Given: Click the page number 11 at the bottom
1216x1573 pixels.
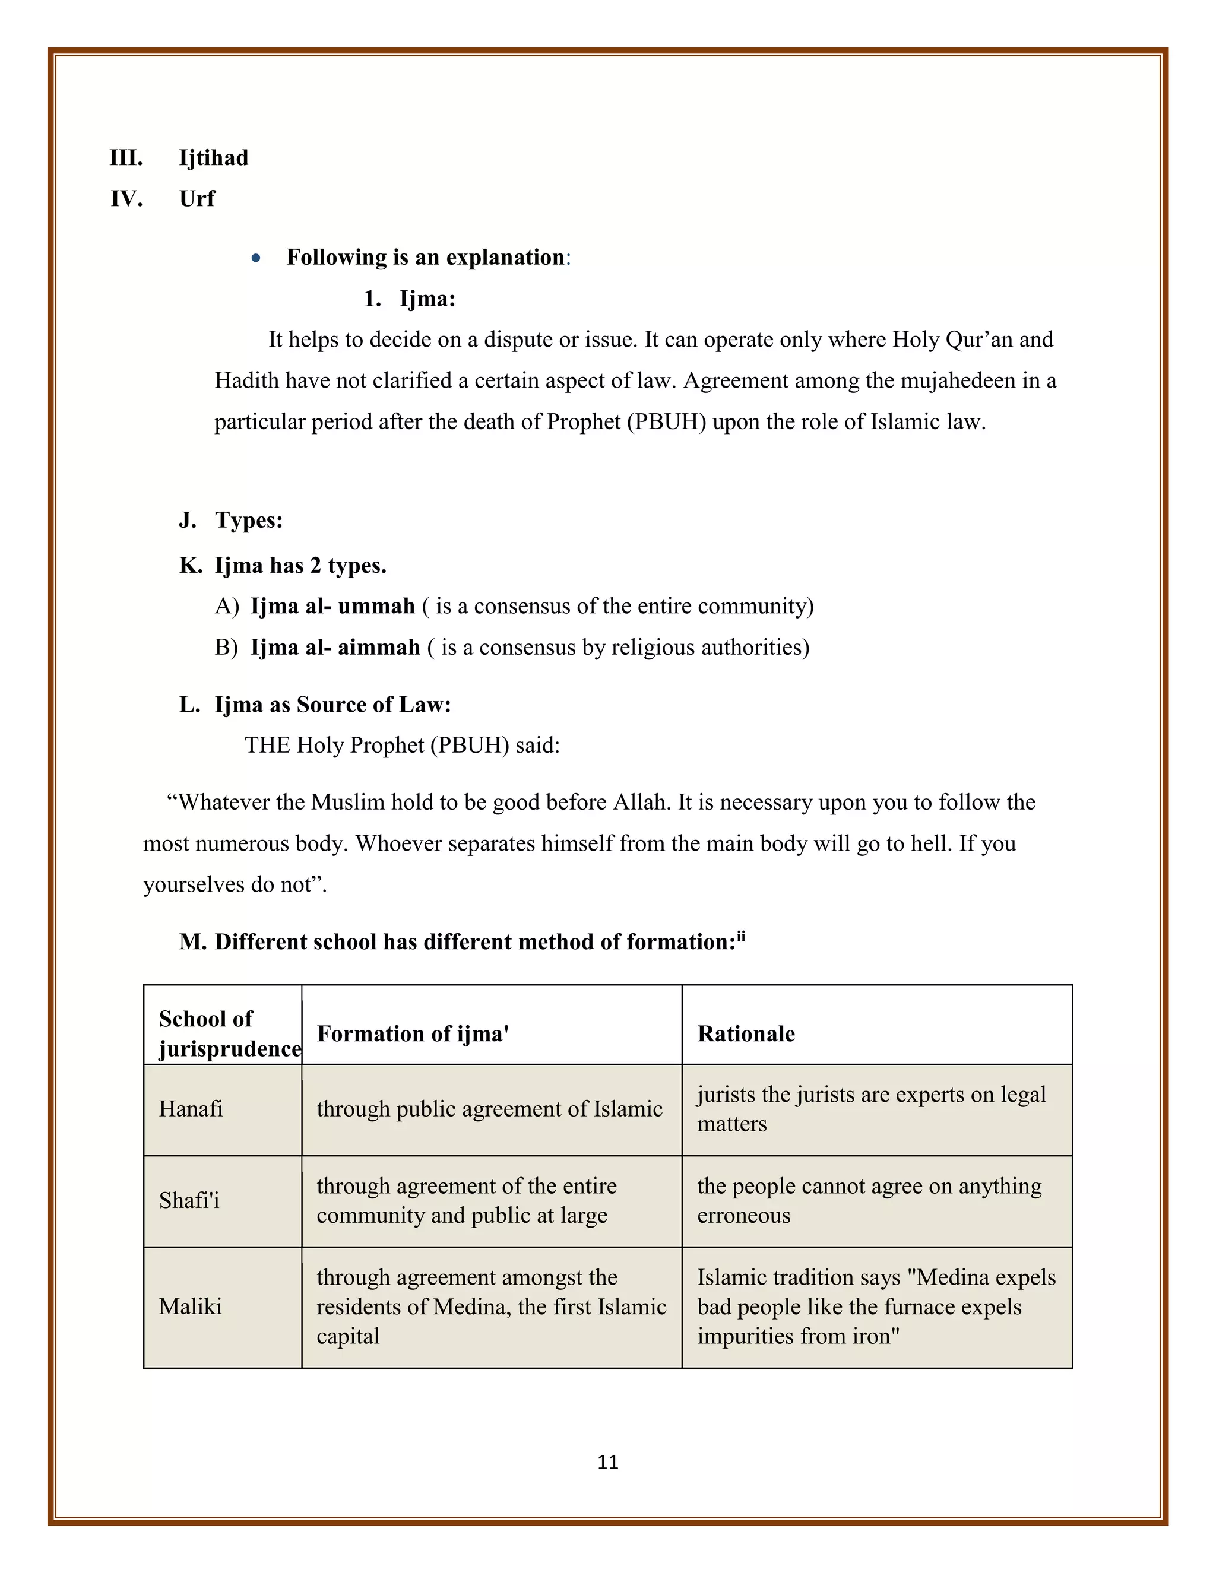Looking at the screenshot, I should (x=607, y=1461).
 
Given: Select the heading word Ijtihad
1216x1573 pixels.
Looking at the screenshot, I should (x=213, y=158).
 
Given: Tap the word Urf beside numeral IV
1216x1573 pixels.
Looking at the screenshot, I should (x=197, y=199).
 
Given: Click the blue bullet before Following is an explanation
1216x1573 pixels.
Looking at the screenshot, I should (x=256, y=258).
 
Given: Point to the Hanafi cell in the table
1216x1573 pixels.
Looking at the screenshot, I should (x=191, y=1108).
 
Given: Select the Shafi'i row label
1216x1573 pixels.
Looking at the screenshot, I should (x=189, y=1200).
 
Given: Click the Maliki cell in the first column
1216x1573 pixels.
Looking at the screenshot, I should (x=190, y=1306).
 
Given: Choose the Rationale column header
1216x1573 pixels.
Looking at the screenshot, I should (x=746, y=1033).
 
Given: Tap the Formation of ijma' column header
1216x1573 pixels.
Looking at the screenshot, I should (x=413, y=1033).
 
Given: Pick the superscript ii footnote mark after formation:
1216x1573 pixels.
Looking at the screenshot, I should (x=740, y=936).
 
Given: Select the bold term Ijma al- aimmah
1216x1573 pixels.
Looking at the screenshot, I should (x=335, y=647).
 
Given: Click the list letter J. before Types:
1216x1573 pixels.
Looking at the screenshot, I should (x=187, y=520).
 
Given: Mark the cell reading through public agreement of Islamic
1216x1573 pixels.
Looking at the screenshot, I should (x=489, y=1108).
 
